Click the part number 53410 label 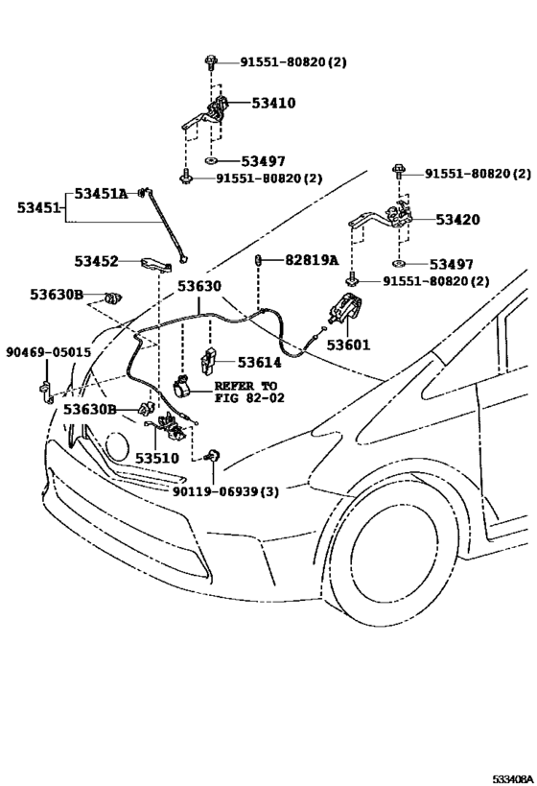click(273, 103)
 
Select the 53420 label click(457, 220)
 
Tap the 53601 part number click(348, 345)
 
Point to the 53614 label click(259, 362)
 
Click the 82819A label click(312, 260)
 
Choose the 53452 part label click(96, 261)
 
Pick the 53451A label click(102, 193)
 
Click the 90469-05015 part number click(49, 352)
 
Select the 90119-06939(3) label click(225, 491)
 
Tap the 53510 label click(157, 458)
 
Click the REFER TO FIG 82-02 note click(249, 392)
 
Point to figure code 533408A click(512, 778)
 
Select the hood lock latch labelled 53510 click(171, 427)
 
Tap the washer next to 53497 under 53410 click(211, 161)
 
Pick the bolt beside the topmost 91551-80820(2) click(210, 62)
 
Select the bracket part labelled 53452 click(156, 264)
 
